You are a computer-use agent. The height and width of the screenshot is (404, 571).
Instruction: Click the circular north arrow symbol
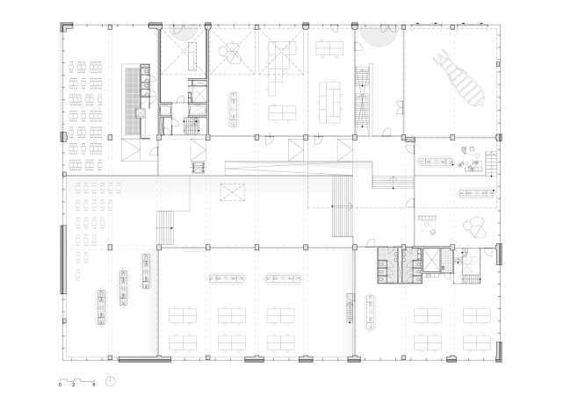[111, 381]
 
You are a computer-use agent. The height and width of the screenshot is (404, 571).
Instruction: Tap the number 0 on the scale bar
[60, 385]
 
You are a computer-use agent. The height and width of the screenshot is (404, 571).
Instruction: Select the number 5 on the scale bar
[94, 385]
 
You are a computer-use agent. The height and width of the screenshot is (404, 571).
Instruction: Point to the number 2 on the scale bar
[74, 385]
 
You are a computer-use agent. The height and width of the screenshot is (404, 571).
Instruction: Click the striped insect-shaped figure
[459, 78]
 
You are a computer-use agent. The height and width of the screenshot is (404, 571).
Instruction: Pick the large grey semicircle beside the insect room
[379, 36]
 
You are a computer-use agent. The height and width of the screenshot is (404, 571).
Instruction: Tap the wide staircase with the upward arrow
[393, 182]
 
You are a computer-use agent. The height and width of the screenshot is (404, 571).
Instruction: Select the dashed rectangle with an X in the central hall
[232, 191]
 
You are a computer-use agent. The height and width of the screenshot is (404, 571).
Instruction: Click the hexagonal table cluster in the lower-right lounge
[474, 227]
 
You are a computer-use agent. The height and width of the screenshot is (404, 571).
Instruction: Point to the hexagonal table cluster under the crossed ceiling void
[232, 52]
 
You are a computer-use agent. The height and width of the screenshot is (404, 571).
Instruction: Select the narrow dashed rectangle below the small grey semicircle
[192, 56]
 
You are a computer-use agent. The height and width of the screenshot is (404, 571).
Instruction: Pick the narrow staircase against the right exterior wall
[491, 163]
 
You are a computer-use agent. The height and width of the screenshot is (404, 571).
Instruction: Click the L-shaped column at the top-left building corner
[67, 27]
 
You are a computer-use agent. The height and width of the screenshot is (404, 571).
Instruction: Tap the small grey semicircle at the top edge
[184, 32]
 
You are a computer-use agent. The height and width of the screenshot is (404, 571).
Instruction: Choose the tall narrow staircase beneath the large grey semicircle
[364, 98]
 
